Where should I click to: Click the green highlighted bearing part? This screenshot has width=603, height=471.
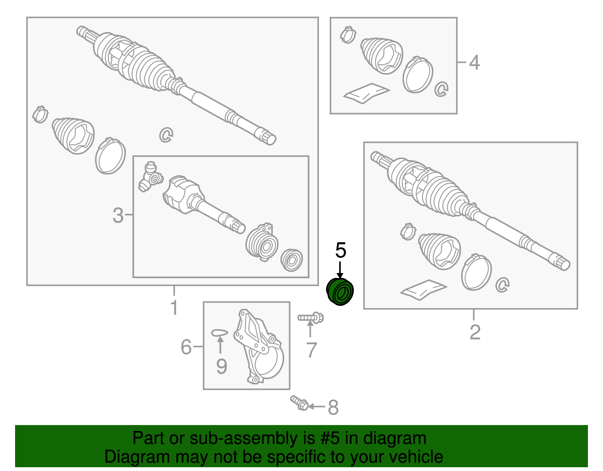coord(340,291)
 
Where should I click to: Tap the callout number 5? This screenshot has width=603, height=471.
coord(341,250)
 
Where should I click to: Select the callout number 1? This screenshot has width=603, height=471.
coord(174,307)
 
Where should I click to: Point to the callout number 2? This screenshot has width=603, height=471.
coord(475,332)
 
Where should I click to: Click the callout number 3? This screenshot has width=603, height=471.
coord(118,215)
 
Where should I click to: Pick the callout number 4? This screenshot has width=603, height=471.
coord(474,63)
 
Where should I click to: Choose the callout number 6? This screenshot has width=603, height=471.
coord(186,347)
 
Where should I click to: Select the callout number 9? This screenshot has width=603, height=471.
coord(222,367)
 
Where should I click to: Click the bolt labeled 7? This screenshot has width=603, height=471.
coord(311,318)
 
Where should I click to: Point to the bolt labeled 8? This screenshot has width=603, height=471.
coord(299,403)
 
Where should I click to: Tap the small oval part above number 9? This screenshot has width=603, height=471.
coord(219,333)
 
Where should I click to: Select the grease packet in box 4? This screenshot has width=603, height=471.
coord(367,93)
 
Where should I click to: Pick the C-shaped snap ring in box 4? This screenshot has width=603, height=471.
coord(441,89)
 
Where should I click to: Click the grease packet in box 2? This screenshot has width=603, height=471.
coord(424,290)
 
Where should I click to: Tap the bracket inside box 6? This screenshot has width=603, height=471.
coord(258,347)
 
